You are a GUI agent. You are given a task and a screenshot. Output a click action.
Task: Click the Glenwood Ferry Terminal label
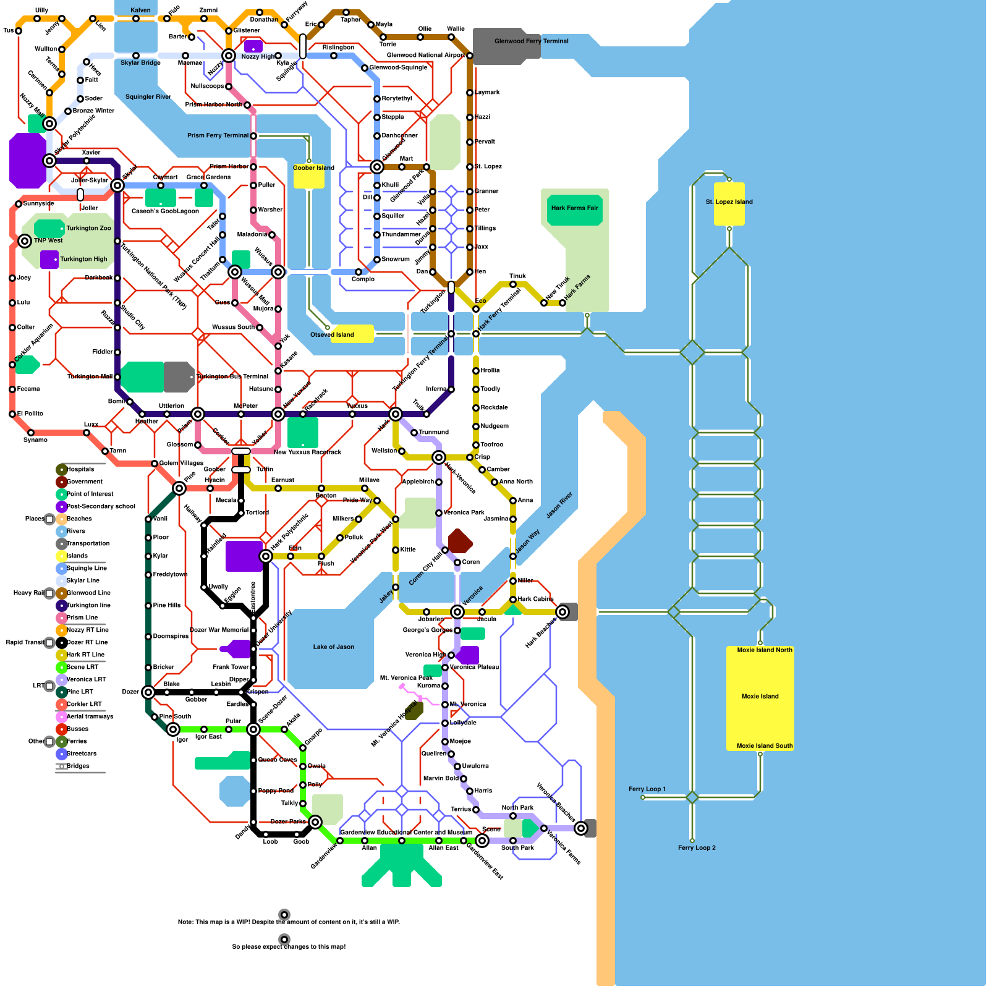pyautogui.click(x=531, y=41)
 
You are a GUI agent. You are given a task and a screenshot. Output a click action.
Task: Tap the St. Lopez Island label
pyautogui.click(x=729, y=202)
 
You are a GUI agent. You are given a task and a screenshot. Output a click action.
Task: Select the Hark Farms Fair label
pyautogui.click(x=574, y=208)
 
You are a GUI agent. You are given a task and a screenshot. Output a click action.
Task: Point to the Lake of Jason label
pyautogui.click(x=333, y=647)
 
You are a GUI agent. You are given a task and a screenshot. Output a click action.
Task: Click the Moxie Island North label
pyautogui.click(x=764, y=650)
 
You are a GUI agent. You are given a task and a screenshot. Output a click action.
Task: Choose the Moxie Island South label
pyautogui.click(x=764, y=746)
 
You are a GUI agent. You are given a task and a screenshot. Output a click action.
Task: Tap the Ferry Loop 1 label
pyautogui.click(x=647, y=789)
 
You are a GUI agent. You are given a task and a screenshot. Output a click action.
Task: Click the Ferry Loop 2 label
pyautogui.click(x=697, y=848)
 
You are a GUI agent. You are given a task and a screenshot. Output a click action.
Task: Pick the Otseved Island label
pyautogui.click(x=332, y=335)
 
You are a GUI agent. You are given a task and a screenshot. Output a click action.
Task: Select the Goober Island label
pyautogui.click(x=313, y=168)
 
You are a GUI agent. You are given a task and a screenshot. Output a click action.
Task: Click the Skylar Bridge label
pyautogui.click(x=140, y=63)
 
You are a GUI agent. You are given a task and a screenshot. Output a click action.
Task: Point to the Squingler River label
pyautogui.click(x=148, y=97)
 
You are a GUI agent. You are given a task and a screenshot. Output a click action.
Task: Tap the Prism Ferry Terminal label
pyautogui.click(x=218, y=135)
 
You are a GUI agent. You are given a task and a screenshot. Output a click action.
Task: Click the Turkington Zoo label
pyautogui.click(x=88, y=228)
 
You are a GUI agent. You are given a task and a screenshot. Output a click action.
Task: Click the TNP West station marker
pyautogui.click(x=25, y=240)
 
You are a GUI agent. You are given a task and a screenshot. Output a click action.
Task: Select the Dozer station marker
pyautogui.click(x=148, y=692)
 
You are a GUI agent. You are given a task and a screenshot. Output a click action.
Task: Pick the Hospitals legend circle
pyautogui.click(x=62, y=470)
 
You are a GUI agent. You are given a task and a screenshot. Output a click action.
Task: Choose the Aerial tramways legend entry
pyautogui.click(x=90, y=717)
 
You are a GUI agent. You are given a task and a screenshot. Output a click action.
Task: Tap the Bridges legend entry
pyautogui.click(x=78, y=766)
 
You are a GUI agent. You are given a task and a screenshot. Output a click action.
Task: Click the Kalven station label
pyautogui.click(x=140, y=11)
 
